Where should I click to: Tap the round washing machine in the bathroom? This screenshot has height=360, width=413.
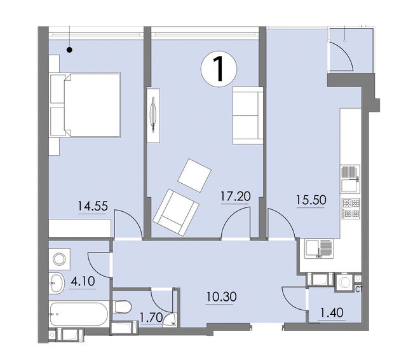click(61, 258)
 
